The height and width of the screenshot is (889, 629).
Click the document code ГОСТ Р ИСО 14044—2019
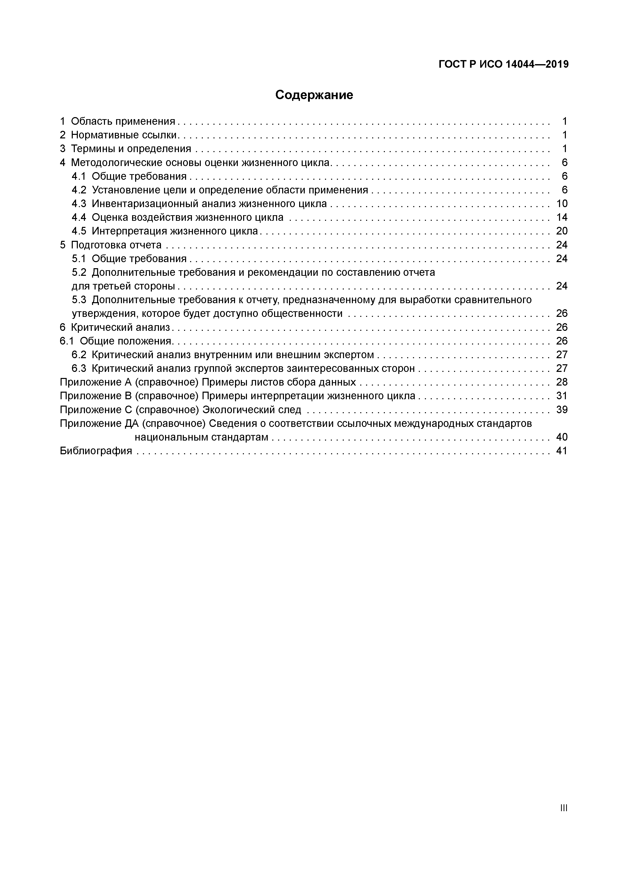point(504,64)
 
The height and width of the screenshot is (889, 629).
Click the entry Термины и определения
point(131,149)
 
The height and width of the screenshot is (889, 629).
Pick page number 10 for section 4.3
point(562,204)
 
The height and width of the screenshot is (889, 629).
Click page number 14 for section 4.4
point(562,217)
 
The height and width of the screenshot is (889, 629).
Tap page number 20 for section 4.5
point(562,231)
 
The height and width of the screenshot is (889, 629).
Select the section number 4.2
point(79,190)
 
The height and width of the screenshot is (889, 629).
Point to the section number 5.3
point(79,300)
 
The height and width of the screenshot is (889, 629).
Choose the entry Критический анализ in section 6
point(120,328)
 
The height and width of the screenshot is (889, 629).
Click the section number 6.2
point(79,355)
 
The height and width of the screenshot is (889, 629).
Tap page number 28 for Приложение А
point(562,382)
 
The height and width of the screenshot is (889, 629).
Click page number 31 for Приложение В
point(562,396)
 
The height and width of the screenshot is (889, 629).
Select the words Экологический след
point(252,410)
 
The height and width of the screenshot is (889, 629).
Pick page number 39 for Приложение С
point(562,410)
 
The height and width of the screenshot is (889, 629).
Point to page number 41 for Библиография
point(562,451)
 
